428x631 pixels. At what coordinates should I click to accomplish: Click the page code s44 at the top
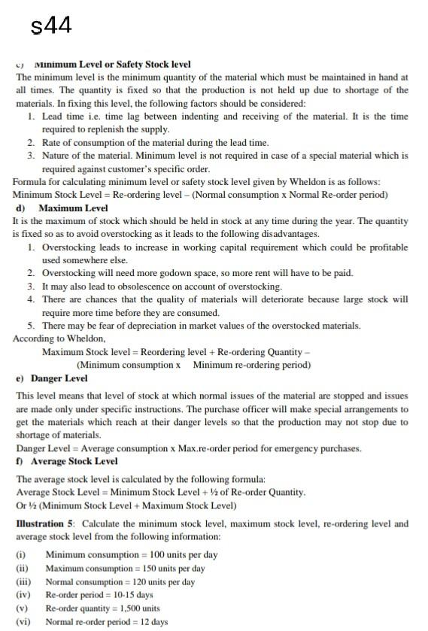click(x=52, y=26)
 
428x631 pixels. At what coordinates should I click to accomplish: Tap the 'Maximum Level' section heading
click(x=73, y=208)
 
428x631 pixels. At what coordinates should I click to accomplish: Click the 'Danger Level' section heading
click(x=60, y=378)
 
